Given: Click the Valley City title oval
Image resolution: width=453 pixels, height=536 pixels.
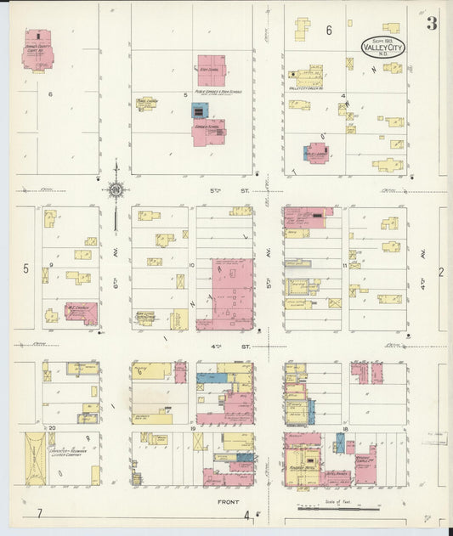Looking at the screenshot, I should [x=383, y=47].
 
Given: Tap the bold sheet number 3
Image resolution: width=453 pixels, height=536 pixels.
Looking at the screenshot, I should [x=432, y=24].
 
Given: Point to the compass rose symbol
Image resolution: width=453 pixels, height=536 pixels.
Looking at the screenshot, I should [x=115, y=189].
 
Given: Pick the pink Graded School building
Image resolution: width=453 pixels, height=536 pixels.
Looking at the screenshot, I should [x=209, y=133].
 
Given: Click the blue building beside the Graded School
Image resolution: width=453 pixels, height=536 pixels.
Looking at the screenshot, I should [x=200, y=111].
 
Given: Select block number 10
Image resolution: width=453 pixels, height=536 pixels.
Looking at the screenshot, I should [x=192, y=266].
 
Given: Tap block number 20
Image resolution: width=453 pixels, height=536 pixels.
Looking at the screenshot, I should [x=52, y=427].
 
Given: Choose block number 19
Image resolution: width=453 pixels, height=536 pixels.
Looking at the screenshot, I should [x=194, y=430].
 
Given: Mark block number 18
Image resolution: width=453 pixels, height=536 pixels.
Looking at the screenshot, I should [x=345, y=429].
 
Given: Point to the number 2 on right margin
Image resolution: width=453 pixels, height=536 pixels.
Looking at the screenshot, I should [x=440, y=272].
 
